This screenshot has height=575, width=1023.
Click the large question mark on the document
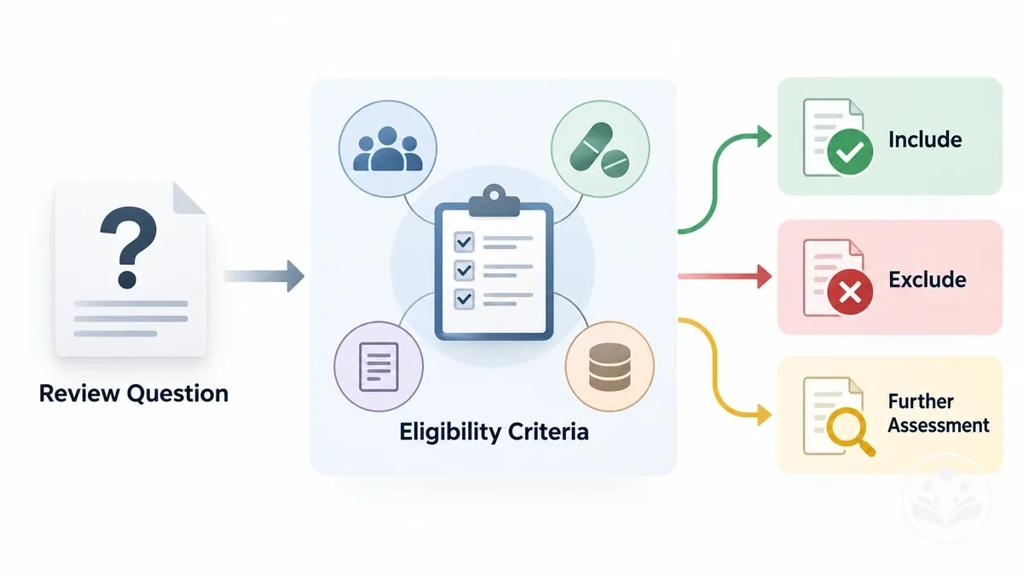tap(129, 247)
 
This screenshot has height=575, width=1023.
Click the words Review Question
tap(133, 394)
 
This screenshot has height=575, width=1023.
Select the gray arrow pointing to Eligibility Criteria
tap(264, 276)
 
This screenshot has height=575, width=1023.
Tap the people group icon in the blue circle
tap(388, 149)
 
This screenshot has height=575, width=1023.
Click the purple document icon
tap(379, 366)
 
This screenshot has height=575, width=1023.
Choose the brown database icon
tap(610, 367)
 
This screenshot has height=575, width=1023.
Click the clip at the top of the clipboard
tap(494, 201)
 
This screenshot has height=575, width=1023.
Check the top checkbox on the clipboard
tap(464, 242)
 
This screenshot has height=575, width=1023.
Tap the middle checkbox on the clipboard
tap(464, 271)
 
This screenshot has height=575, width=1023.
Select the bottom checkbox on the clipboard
tap(464, 299)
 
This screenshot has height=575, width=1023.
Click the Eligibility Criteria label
tap(494, 432)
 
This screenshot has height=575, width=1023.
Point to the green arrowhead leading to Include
tap(764, 136)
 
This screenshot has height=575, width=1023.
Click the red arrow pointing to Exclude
tap(725, 276)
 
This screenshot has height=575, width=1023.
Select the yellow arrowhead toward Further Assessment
tap(764, 415)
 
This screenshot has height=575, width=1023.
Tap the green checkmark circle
tap(850, 152)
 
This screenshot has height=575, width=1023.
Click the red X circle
tap(850, 291)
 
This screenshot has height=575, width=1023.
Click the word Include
tap(925, 140)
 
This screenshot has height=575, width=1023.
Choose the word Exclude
tap(928, 279)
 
